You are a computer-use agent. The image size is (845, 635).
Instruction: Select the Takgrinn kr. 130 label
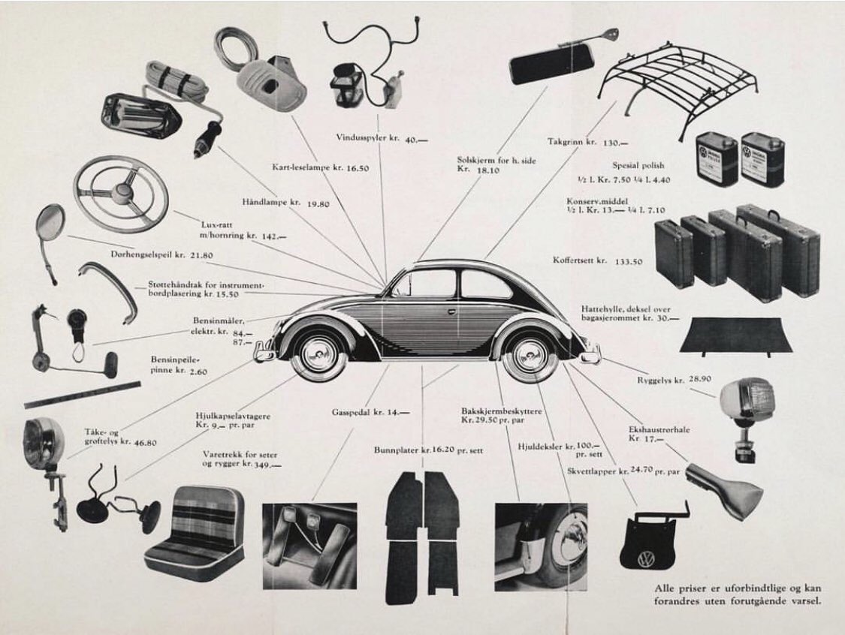pos(587,142)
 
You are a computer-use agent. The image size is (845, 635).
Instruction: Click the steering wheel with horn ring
pos(120,194)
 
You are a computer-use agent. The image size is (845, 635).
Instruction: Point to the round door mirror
pos(50,223)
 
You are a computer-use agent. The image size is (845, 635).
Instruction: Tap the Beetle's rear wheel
pos(530,352)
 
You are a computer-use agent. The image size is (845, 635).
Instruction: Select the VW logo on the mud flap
pos(646,559)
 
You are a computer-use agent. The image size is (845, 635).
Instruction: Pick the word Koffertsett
pos(575,260)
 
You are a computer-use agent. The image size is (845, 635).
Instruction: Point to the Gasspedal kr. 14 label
pos(370,412)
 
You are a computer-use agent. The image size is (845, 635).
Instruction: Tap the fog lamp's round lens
pos(43,444)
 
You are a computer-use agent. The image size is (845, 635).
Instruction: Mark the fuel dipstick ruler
pos(82,395)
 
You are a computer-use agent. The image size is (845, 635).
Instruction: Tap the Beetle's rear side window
pos(485,284)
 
